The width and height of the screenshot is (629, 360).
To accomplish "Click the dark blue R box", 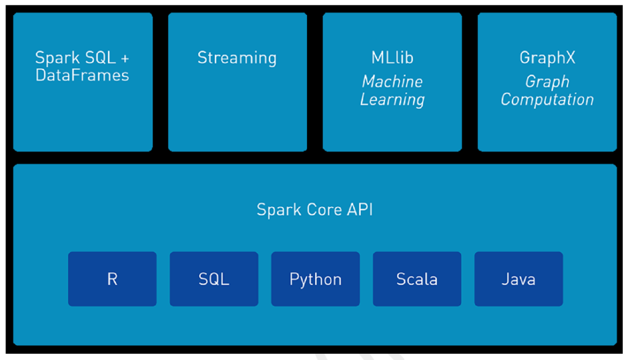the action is tap(112, 279).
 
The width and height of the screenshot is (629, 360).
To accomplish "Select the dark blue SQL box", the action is tap(214, 279).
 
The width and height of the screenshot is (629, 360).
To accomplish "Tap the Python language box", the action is tap(315, 279).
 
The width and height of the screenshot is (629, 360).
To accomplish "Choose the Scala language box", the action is tap(417, 279).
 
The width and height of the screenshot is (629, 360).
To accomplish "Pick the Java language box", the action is tap(518, 279).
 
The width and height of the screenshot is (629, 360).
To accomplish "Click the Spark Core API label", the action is tap(315, 209).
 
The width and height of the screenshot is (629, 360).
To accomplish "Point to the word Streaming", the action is tap(237, 58).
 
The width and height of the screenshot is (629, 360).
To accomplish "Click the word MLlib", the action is tap(393, 57).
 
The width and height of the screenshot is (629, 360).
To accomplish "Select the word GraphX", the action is tap(547, 58).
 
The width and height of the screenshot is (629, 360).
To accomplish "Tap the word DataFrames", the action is tap(82, 75).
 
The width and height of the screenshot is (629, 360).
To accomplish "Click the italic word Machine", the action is tap(393, 82).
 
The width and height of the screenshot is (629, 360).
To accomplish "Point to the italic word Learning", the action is tap(393, 100).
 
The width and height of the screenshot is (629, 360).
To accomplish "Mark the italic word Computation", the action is tap(547, 100).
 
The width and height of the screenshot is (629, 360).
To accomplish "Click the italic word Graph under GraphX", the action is tap(547, 82).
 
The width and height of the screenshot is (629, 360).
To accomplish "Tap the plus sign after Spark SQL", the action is tap(125, 58).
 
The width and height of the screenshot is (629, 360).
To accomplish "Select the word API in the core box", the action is tap(360, 209).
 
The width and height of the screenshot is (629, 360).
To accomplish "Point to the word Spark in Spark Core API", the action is tap(279, 210).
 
